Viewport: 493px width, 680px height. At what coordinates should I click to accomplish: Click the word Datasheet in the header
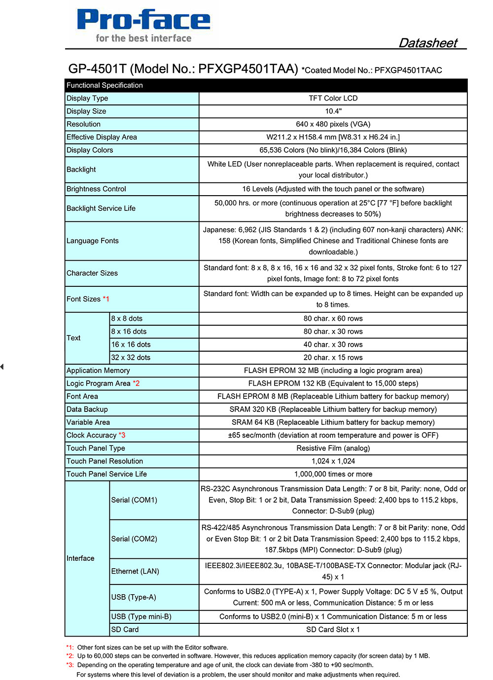428,43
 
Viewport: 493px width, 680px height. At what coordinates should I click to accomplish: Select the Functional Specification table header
105,85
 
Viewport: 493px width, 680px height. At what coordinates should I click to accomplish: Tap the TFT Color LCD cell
333,98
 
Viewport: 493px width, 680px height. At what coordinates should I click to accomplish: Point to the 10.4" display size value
333,111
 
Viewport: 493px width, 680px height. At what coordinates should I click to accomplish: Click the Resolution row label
83,124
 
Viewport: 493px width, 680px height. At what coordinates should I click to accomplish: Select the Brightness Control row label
96,189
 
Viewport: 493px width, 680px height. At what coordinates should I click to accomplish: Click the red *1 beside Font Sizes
106,299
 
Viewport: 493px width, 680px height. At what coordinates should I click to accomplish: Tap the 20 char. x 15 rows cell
333,358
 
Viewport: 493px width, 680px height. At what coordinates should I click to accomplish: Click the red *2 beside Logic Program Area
136,383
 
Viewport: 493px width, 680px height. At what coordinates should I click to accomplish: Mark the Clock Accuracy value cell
333,435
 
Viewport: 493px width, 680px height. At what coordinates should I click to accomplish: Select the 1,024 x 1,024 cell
333,461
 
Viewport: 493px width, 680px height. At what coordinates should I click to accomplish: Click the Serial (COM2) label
134,539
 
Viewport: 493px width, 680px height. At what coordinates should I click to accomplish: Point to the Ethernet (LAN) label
135,571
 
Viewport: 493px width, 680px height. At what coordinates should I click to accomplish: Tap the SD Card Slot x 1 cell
333,630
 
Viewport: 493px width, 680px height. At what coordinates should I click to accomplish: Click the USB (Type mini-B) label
141,617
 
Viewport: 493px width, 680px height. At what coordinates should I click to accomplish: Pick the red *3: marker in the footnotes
70,665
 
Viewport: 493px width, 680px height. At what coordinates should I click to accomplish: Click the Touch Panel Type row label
96,448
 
